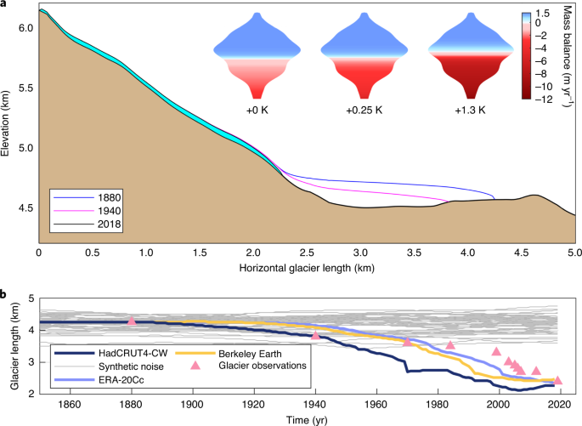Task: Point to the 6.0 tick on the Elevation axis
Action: [26, 28]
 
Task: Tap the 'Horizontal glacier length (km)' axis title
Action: [307, 270]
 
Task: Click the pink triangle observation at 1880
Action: [132, 321]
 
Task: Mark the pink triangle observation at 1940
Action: [315, 335]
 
